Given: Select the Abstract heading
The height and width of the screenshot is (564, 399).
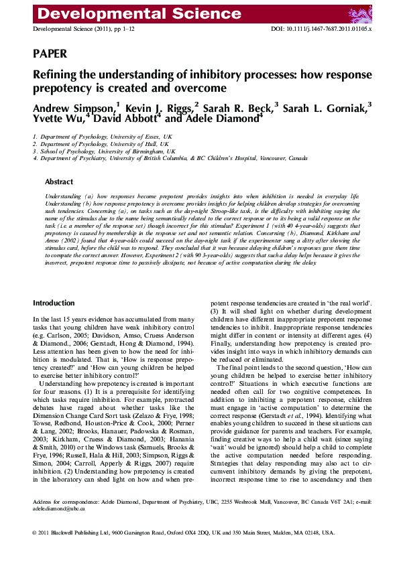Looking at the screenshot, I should point(59,182).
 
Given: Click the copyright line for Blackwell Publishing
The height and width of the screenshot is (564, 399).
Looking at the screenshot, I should point(183,533).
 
